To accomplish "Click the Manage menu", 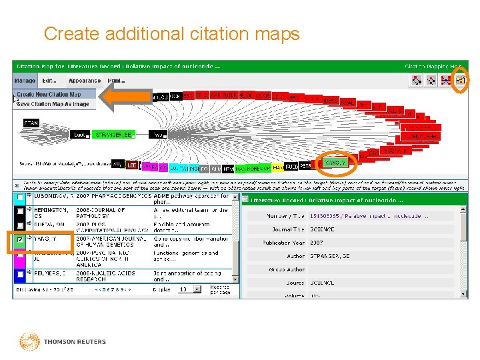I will click(x=24, y=81).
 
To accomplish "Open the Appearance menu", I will click(x=85, y=81).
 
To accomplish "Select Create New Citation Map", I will click(x=53, y=95).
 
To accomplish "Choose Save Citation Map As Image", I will click(x=53, y=104).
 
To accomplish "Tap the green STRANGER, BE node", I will click(x=113, y=135).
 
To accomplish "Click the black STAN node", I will click(x=31, y=123).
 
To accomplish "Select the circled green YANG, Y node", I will click(x=335, y=162).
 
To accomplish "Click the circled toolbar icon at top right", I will click(x=460, y=81).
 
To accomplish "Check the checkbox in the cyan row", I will click(x=21, y=197).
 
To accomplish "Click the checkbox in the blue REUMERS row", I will click(x=21, y=274).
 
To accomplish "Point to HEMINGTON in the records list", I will click(x=51, y=211).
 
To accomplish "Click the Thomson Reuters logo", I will click(x=63, y=342).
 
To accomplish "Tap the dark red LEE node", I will click(x=132, y=165).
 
